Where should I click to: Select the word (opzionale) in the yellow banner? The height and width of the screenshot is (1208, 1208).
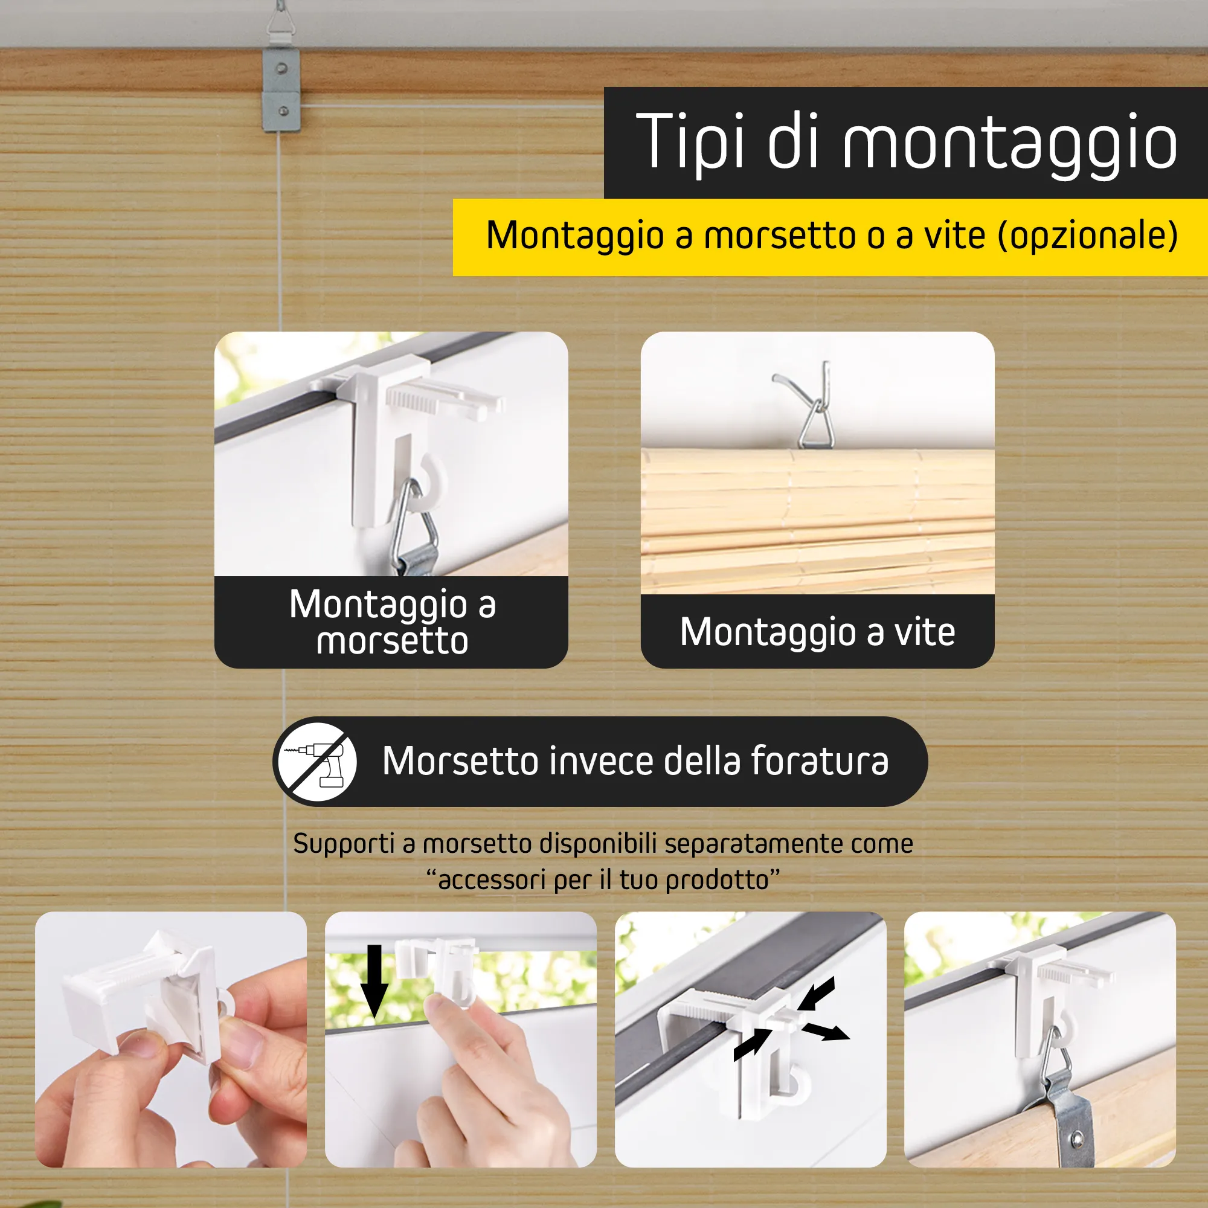pos(1088,236)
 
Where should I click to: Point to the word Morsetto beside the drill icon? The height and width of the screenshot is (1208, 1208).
pos(461,762)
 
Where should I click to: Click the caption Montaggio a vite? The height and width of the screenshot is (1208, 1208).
pos(817,632)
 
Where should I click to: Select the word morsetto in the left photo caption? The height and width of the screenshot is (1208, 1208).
pos(392,641)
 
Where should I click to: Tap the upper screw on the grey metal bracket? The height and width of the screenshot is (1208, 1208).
pos(282,68)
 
